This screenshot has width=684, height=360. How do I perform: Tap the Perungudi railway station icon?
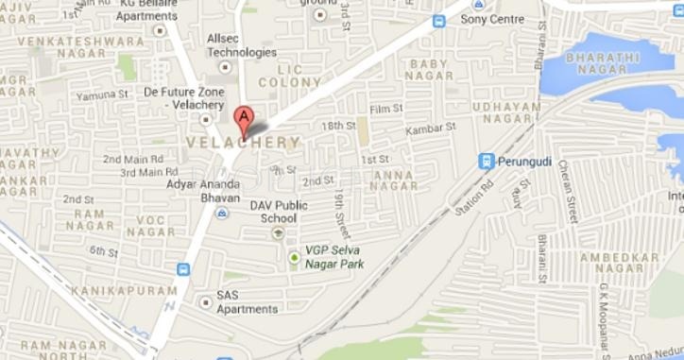[487, 161]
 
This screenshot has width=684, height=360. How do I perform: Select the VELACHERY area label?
[244, 143]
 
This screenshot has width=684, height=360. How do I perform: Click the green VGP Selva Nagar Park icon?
[295, 257]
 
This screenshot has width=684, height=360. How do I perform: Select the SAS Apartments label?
[247, 301]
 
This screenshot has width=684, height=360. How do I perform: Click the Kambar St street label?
[431, 126]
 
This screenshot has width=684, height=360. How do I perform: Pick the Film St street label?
[386, 109]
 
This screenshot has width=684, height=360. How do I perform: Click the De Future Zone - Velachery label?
[184, 99]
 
